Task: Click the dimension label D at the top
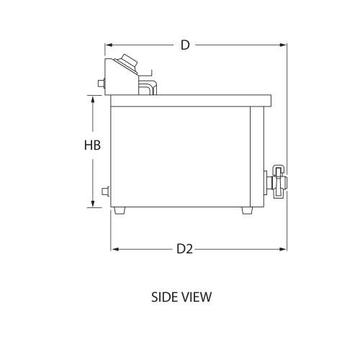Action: coord(185,45)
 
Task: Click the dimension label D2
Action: coord(185,249)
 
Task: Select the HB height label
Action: coord(92,145)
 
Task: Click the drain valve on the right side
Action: coord(277,181)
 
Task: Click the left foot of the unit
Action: coord(120,211)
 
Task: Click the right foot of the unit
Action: coord(248,211)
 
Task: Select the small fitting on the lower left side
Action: coord(107,192)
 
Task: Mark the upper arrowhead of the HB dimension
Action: coord(92,99)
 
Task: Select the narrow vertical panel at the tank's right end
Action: coord(254,155)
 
